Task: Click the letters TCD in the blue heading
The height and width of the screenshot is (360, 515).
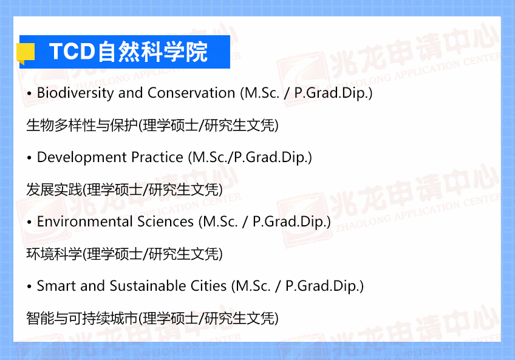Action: coord(72,52)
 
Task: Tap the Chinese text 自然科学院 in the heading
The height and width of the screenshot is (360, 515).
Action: coord(152,52)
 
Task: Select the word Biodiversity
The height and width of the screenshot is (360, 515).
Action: coord(75,93)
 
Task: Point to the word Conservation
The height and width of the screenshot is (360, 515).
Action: coord(191,93)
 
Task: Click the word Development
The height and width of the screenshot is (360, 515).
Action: coord(82,157)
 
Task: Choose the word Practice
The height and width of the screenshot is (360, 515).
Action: coord(157,157)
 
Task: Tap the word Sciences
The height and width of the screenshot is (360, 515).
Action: coord(166,222)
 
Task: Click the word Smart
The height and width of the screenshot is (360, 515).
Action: coord(56,286)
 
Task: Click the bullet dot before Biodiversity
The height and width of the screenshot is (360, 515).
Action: coord(29,94)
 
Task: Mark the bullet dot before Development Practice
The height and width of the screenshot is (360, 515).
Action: coord(29,158)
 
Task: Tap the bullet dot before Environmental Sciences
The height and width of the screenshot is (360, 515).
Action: coord(29,223)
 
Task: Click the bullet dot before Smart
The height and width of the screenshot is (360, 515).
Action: coord(29,287)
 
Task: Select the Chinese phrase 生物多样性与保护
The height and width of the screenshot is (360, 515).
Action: coord(82,125)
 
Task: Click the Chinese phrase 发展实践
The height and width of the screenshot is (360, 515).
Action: coord(54,189)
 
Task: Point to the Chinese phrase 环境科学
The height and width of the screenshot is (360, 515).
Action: coord(54,254)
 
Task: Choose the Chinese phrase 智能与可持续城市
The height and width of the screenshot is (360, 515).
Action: coord(82,318)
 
